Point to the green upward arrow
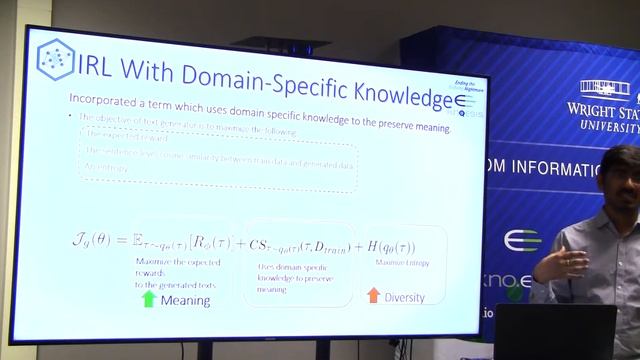coord(148,297)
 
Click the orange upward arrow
coord(373,294)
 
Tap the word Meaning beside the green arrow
coord(185,300)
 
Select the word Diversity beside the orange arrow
coord(404,297)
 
